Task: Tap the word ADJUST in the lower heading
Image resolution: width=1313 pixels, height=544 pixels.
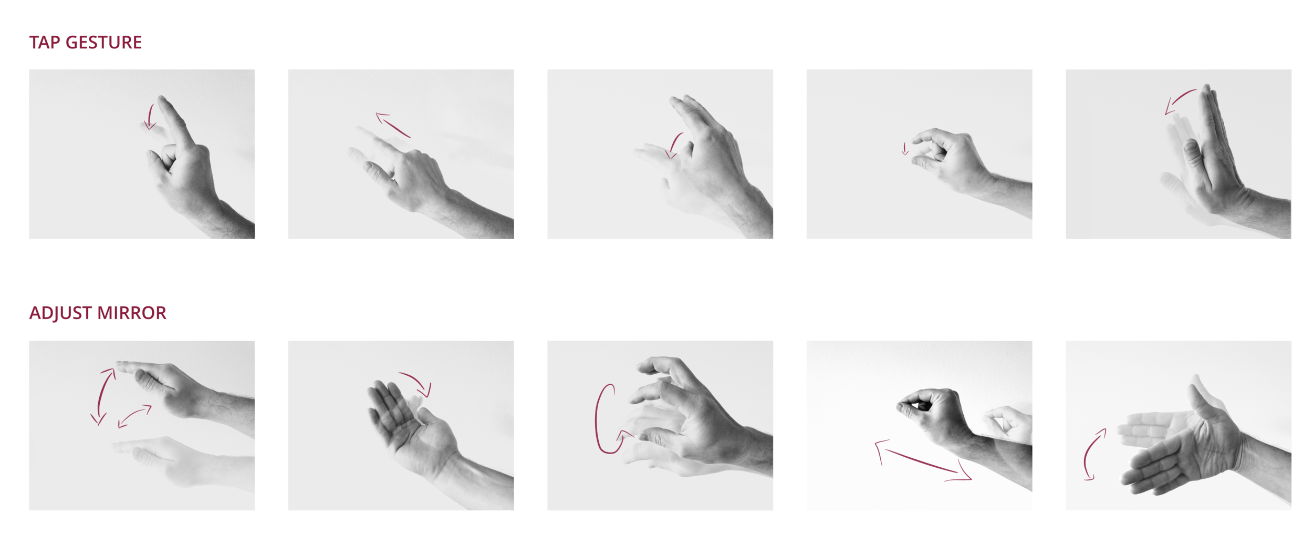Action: point(60,313)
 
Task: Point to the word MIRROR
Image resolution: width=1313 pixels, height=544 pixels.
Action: point(132,313)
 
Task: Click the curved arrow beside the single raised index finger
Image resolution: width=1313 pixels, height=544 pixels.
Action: point(150,117)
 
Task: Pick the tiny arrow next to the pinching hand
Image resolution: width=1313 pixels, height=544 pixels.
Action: point(905,149)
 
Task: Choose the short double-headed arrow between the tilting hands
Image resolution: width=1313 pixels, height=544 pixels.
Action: point(134,416)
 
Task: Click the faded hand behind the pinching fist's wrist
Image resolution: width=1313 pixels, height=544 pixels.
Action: point(1008,423)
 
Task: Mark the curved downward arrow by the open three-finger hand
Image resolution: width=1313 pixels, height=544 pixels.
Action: point(674,145)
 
